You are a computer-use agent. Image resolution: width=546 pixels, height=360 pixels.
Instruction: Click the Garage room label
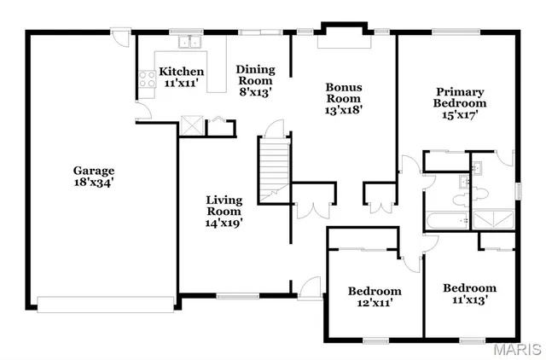point(94,176)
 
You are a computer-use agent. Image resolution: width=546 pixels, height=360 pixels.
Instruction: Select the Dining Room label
point(255,80)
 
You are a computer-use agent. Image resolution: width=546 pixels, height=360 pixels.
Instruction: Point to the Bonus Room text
point(345,97)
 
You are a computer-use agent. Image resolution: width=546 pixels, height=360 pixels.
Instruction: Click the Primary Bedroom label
point(460,102)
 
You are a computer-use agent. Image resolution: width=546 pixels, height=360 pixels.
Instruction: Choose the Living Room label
point(224,211)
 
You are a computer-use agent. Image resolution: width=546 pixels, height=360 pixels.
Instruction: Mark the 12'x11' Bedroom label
point(374,296)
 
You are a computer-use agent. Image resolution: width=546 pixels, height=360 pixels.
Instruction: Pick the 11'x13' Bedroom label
point(469,293)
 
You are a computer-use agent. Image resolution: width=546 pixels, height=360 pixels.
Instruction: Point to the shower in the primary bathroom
point(493,219)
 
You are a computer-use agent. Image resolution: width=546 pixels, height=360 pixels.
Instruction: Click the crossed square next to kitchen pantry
point(193,125)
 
